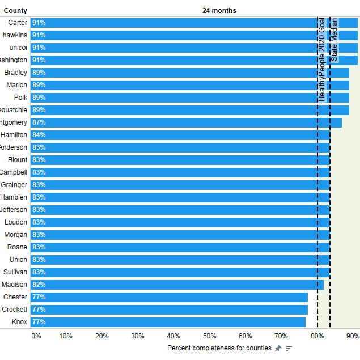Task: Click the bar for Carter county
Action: click(170, 23)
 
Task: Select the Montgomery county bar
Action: click(170, 122)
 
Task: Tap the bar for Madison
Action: click(170, 285)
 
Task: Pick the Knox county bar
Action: click(170, 322)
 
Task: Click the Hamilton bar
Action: click(170, 135)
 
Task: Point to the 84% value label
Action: click(39, 135)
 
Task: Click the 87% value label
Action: click(39, 122)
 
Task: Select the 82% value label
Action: click(39, 285)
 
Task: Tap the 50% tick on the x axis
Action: click(209, 336)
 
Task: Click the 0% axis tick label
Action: click(36, 336)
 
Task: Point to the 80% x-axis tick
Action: click(317, 336)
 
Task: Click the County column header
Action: click(15, 11)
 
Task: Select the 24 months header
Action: click(219, 11)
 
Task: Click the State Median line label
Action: click(334, 40)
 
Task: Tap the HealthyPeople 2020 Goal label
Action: click(322, 60)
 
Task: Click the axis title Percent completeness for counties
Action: click(219, 348)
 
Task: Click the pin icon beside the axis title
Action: click(278, 348)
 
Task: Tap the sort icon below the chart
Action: click(289, 348)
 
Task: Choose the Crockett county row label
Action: click(15, 310)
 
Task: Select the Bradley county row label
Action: click(16, 73)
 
